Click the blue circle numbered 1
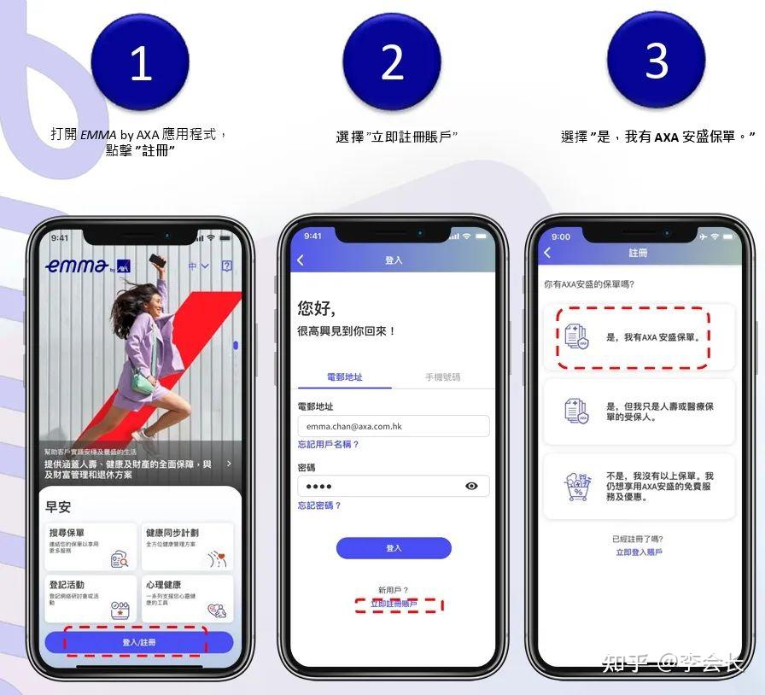[x=140, y=61]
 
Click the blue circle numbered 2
[x=391, y=61]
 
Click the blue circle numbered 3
[x=656, y=60]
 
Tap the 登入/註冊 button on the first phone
[x=139, y=642]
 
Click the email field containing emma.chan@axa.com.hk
[x=393, y=426]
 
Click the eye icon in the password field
[x=471, y=486]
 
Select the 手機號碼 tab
[x=443, y=377]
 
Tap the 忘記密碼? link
[x=319, y=505]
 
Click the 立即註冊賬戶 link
[x=394, y=604]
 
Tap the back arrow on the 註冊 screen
[x=547, y=253]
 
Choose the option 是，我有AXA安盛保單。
[x=638, y=337]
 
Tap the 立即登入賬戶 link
[x=639, y=552]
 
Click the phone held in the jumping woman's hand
[x=156, y=260]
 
